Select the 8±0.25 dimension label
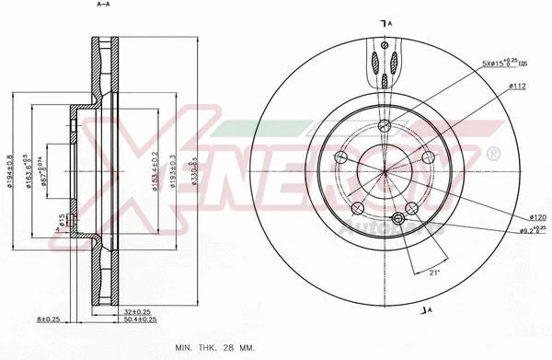pos(47,319)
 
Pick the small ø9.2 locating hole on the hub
pos(398,218)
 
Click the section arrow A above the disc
pos(384,22)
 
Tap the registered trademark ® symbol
pos(492,152)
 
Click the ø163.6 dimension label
pos(30,169)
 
